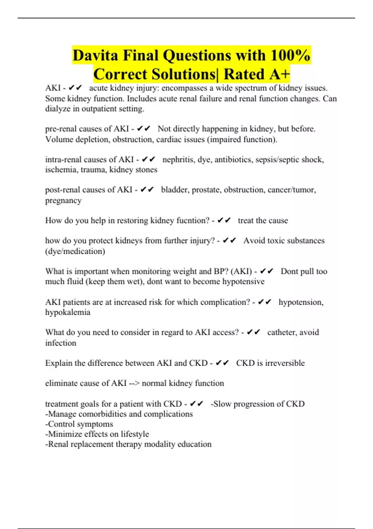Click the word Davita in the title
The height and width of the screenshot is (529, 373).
click(95, 56)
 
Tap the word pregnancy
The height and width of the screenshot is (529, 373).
click(63, 200)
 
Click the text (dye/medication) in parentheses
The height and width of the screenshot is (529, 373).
click(75, 251)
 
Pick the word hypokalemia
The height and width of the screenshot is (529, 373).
click(68, 312)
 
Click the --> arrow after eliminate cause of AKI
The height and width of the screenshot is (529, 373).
click(134, 383)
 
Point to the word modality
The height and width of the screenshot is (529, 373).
click(157, 444)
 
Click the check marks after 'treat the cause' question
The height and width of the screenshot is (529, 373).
click(224, 221)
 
